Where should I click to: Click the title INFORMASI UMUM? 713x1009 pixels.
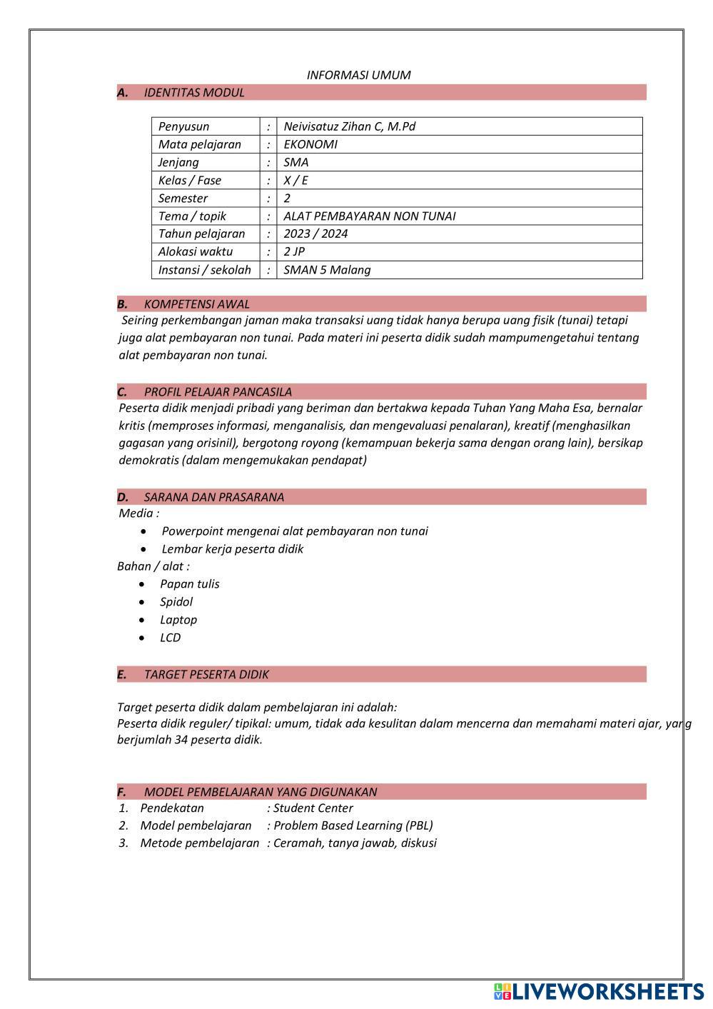[x=358, y=75]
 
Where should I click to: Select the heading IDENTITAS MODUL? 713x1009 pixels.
[x=193, y=92]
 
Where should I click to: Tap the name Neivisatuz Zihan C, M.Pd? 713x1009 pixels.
[x=349, y=126]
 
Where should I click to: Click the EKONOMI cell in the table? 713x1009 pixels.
[x=310, y=144]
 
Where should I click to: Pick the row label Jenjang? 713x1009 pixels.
[x=178, y=162]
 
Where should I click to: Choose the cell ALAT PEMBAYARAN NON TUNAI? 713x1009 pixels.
[x=369, y=216]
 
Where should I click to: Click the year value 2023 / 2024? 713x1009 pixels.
[x=315, y=234]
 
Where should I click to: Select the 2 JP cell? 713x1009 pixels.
[x=294, y=251]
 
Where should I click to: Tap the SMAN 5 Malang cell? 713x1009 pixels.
[x=327, y=270]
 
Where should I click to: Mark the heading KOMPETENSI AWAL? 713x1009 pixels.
[x=196, y=304]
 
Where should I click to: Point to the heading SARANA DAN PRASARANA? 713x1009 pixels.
[x=213, y=497]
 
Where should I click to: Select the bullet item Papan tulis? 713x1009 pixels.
[x=189, y=584]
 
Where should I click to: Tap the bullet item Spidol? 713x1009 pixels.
[x=176, y=602]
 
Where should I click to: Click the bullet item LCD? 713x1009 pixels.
[x=170, y=638]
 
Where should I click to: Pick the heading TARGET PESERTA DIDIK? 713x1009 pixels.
[x=206, y=675]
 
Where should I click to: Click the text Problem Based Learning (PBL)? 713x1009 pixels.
[x=353, y=825]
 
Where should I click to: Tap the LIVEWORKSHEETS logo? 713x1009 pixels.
[x=598, y=991]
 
